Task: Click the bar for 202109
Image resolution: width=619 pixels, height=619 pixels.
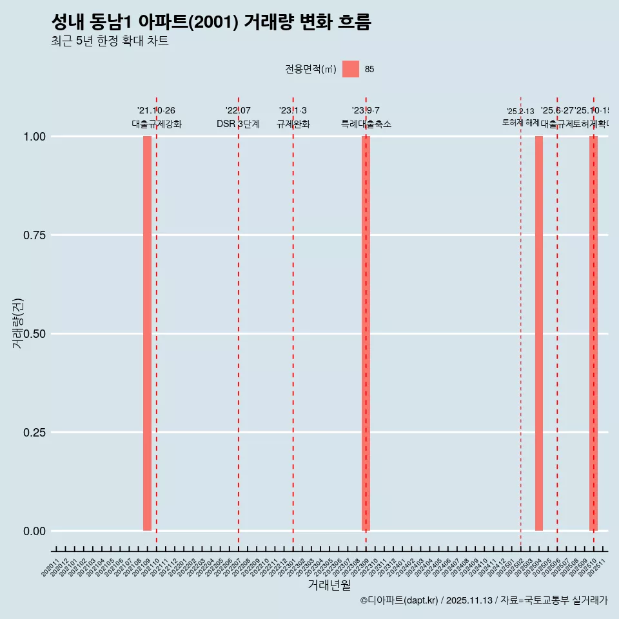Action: [x=147, y=333]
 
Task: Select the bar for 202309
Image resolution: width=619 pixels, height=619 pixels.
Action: [x=366, y=333]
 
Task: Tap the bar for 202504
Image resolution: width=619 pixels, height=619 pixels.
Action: [x=539, y=333]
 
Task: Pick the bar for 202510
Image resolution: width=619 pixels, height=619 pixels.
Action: [x=593, y=333]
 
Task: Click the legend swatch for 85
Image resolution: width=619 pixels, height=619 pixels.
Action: [x=351, y=69]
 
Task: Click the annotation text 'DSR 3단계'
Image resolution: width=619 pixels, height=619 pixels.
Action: [x=238, y=124]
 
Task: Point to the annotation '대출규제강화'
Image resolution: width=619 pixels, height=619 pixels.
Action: [x=157, y=124]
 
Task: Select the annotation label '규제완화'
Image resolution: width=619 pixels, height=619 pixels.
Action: [x=293, y=124]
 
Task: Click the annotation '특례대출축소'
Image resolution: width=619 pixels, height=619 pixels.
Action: [x=366, y=124]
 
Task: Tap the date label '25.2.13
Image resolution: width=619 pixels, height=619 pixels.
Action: [x=520, y=112]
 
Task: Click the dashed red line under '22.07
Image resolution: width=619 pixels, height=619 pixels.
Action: [x=239, y=322]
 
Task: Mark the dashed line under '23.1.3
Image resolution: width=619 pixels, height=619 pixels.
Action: [x=293, y=322]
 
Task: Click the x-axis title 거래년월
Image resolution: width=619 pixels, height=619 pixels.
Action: [x=329, y=585]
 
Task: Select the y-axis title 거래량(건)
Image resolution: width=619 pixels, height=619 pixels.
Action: [x=17, y=323]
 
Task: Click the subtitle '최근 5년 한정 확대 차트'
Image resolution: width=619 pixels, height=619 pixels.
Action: [x=110, y=41]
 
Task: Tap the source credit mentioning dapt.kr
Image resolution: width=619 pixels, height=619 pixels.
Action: [x=484, y=600]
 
